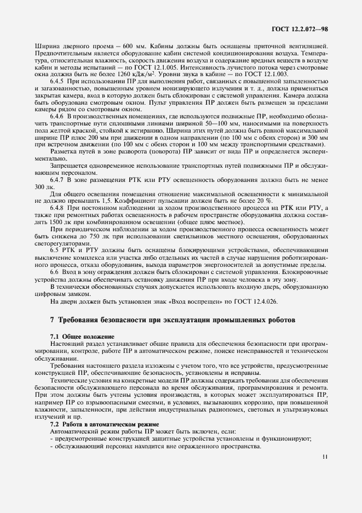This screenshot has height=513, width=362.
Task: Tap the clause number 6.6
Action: [56, 272]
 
